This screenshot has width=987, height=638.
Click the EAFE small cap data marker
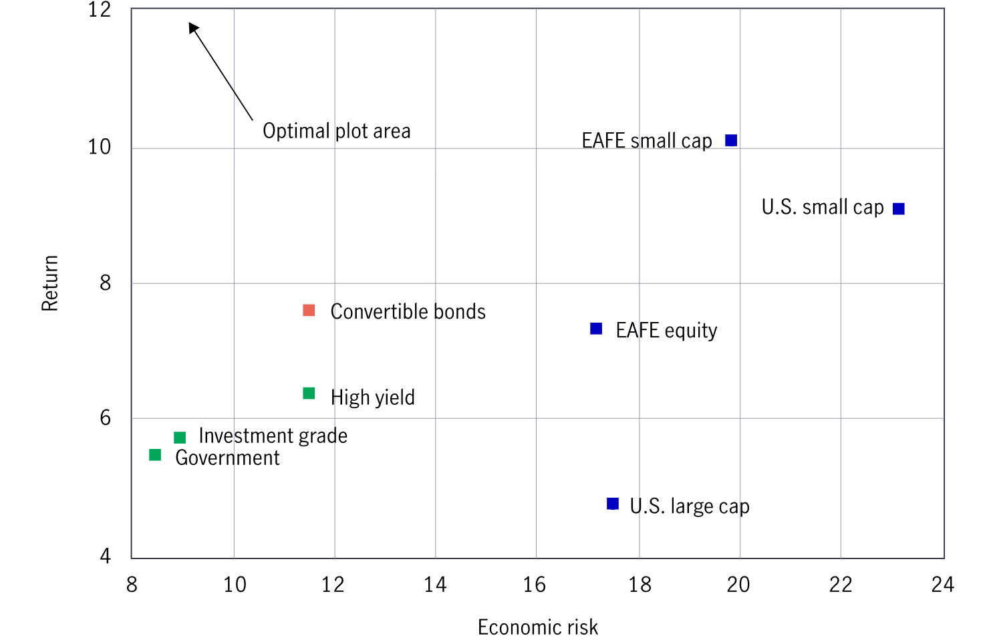pyautogui.click(x=731, y=140)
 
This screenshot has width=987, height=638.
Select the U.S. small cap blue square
pyautogui.click(x=899, y=209)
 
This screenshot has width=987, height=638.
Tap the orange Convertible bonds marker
pyautogui.click(x=309, y=310)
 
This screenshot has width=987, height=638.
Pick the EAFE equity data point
pyautogui.click(x=596, y=329)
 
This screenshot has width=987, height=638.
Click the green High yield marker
pyautogui.click(x=309, y=393)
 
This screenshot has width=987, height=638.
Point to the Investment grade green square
pyautogui.click(x=180, y=438)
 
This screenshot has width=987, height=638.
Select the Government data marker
pyautogui.click(x=155, y=455)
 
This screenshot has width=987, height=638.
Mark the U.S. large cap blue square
pyautogui.click(x=613, y=504)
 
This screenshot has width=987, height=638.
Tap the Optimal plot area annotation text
pyautogui.click(x=336, y=131)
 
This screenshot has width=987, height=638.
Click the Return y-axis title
pyautogui.click(x=50, y=283)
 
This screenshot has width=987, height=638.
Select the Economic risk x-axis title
pyautogui.click(x=538, y=627)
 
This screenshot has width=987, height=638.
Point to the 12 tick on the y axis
pyautogui.click(x=100, y=10)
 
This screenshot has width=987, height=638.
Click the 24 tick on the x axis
pyautogui.click(x=942, y=585)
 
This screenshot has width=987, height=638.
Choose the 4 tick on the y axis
pyautogui.click(x=105, y=556)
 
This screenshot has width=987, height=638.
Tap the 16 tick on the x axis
pyautogui.click(x=535, y=585)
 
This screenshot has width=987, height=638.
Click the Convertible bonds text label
pyautogui.click(x=408, y=312)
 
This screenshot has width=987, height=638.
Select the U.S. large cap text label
pyautogui.click(x=689, y=506)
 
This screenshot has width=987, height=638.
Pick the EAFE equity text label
pyautogui.click(x=666, y=331)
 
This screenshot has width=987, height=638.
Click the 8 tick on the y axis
pyautogui.click(x=105, y=283)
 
